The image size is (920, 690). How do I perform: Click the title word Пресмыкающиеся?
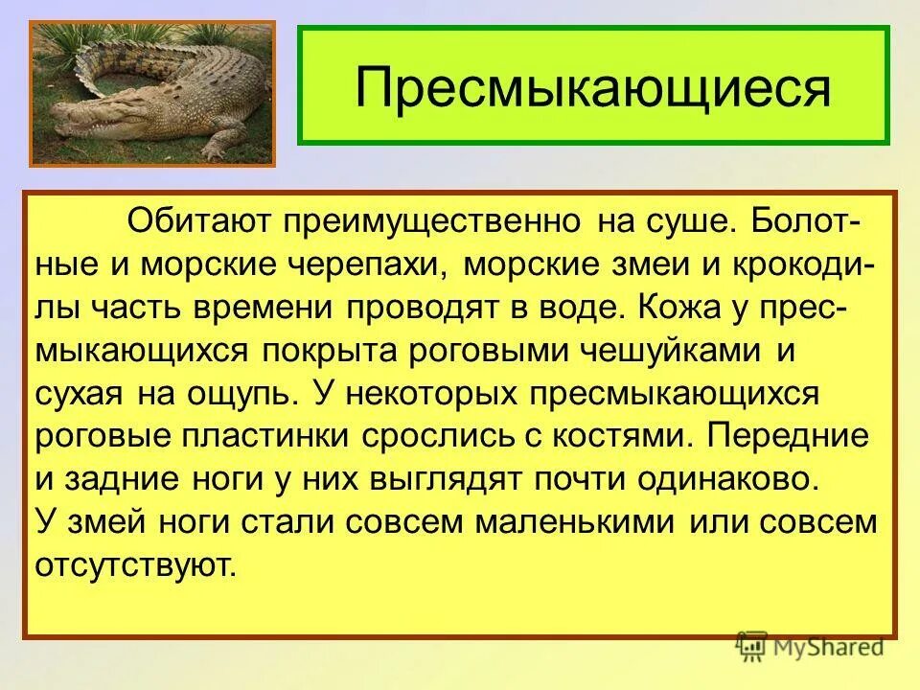(x=592, y=87)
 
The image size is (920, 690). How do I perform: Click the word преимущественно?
(x=430, y=223)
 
